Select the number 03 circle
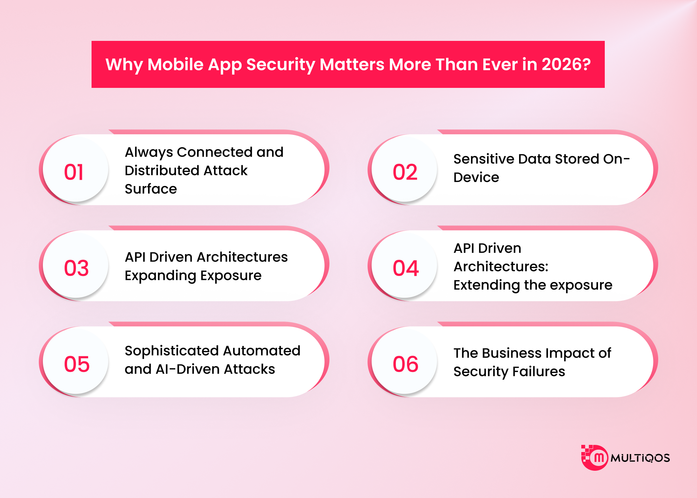76,266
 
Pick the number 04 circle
404,266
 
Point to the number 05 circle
76,362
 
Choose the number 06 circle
404,362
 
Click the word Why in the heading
124,64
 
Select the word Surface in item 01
151,189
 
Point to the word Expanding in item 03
160,276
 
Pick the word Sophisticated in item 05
172,351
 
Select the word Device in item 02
476,177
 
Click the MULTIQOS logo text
640,458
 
